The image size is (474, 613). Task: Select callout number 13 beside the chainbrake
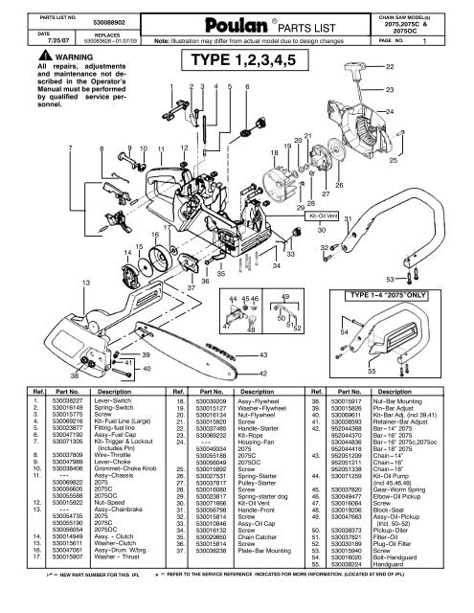[x=34, y=283]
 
